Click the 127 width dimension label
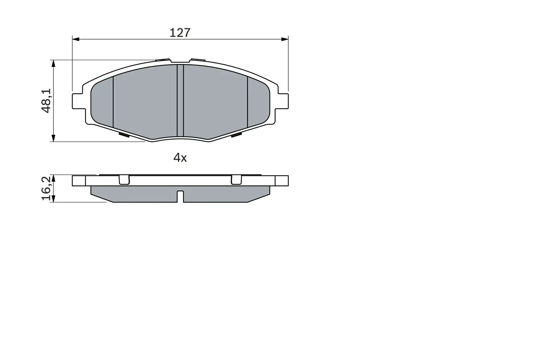180,33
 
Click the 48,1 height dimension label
46,101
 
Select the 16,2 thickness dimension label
46,188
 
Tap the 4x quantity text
180,158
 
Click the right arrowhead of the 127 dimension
285,39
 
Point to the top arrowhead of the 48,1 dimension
53,63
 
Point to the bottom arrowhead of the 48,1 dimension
53,138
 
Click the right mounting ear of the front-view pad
283,101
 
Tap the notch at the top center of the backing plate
180,61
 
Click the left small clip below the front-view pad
124,135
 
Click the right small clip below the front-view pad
236,135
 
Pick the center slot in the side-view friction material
180,196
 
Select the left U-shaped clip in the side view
124,180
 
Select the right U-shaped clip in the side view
236,180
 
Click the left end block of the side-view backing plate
79,181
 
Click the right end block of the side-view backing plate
282,181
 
